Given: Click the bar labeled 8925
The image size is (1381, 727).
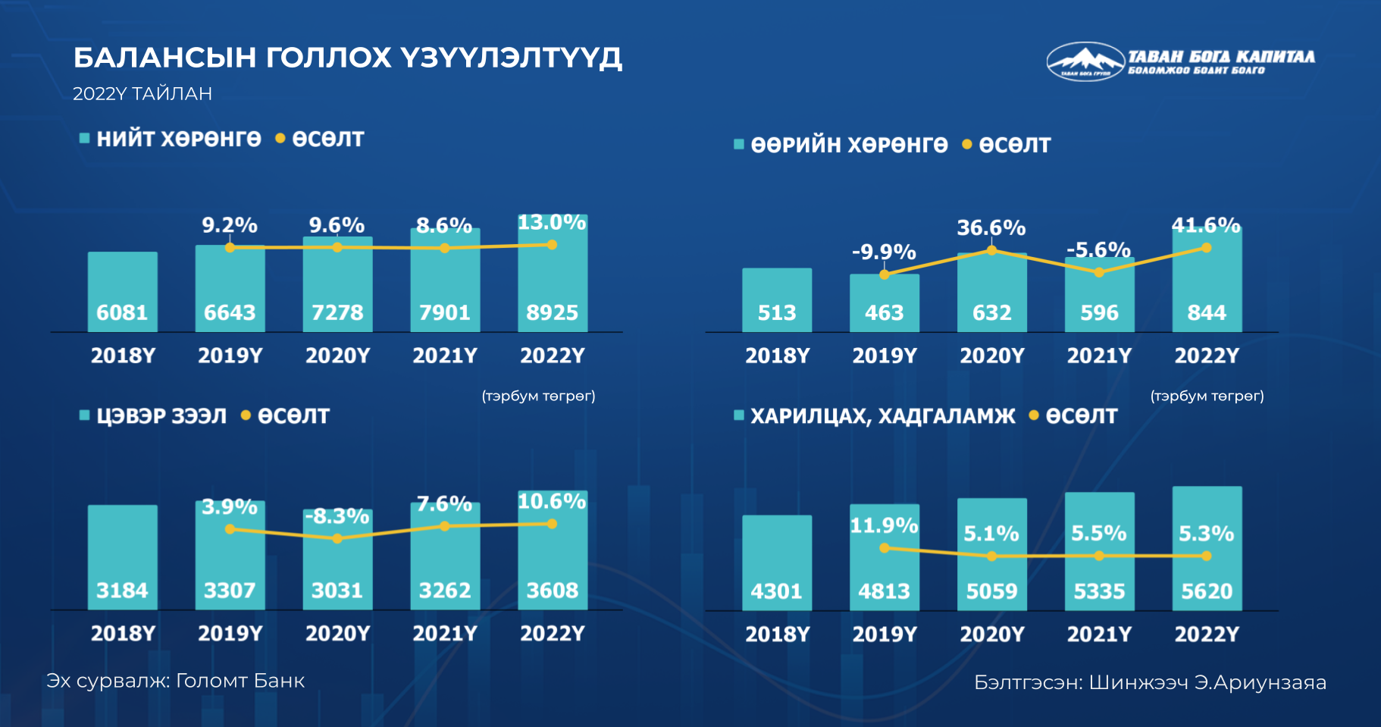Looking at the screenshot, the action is tap(553, 273).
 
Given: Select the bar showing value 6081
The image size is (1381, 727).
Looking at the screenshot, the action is tap(123, 292).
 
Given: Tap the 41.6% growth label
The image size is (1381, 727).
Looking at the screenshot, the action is tap(1206, 225).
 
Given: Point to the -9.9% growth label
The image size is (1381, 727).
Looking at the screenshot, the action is tap(884, 252).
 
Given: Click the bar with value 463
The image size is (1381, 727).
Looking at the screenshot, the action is tap(885, 303).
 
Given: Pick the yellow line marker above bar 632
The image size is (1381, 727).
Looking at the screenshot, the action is tap(991, 250).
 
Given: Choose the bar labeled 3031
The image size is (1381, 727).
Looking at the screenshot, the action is tap(337, 559).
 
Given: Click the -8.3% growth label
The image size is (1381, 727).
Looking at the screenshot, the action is tap(337, 516).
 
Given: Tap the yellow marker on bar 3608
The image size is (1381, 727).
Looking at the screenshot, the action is tap(552, 523).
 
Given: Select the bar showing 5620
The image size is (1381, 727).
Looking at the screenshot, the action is tap(1207, 548).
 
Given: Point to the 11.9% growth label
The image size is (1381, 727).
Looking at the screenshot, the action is tap(884, 525).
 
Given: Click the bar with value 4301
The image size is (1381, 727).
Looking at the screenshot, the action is tap(777, 562).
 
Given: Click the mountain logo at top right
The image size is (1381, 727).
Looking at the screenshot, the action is tap(1085, 61).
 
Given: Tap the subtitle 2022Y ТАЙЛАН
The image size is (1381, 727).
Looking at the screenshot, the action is tap(142, 94).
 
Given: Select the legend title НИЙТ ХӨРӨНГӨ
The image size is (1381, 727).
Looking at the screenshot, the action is tap(179, 139).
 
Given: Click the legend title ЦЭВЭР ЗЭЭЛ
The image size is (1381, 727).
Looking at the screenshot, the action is tap(161, 416).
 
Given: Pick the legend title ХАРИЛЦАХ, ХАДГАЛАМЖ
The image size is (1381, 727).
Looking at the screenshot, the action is tap(883, 416).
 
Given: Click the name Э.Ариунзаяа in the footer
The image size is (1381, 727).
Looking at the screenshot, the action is tap(1260, 683).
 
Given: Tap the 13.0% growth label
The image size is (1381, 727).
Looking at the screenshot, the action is tap(552, 222).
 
